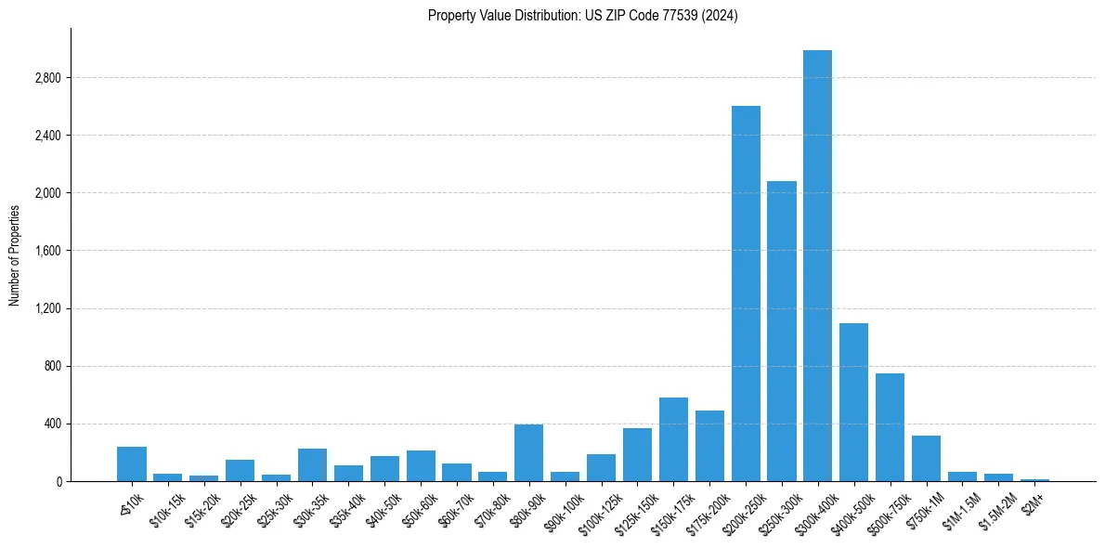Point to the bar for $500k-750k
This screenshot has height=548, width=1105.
[x=890, y=427]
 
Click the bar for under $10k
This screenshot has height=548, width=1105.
[x=132, y=464]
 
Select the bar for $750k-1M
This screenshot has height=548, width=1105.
[x=926, y=459]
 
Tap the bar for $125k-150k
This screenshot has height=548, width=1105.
[x=637, y=455]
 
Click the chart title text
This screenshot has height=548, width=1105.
[x=582, y=16]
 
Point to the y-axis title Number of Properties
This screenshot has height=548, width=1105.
[x=15, y=254]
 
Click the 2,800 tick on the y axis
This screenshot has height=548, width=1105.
[x=45, y=78]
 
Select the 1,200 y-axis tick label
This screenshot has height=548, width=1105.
[x=45, y=308]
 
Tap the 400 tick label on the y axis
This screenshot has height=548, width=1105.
[x=51, y=424]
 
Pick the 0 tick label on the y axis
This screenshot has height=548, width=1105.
[x=57, y=482]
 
